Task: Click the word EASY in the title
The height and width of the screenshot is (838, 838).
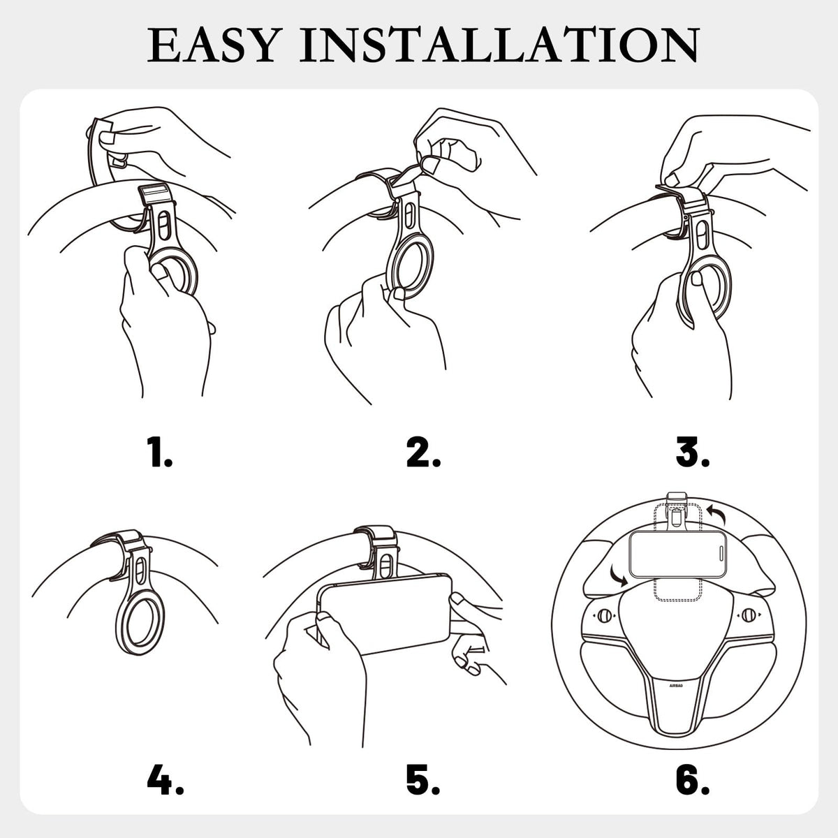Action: pos(212,45)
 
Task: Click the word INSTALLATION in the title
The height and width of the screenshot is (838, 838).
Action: pos(499,45)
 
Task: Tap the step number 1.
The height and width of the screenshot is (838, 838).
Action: pos(159,453)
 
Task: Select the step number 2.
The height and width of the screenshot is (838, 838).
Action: pos(423,453)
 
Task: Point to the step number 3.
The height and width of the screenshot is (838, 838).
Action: pos(692,453)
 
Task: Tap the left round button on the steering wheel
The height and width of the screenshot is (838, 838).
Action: pos(603,615)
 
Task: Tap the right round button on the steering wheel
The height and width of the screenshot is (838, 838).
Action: pos(749,615)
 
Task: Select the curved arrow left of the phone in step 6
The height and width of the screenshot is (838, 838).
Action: pos(618,576)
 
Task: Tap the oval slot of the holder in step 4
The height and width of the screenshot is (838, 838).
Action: pos(142,570)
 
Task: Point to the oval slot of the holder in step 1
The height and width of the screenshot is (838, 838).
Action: pos(164,226)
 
